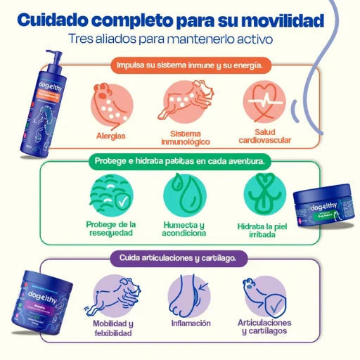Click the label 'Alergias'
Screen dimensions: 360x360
[x=110, y=134]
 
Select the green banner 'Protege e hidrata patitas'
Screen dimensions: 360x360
[x=180, y=160]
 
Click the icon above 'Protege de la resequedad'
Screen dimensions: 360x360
[x=110, y=193]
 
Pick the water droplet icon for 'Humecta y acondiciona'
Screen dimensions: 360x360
[x=184, y=194]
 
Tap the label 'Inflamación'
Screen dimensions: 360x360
[x=191, y=324]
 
